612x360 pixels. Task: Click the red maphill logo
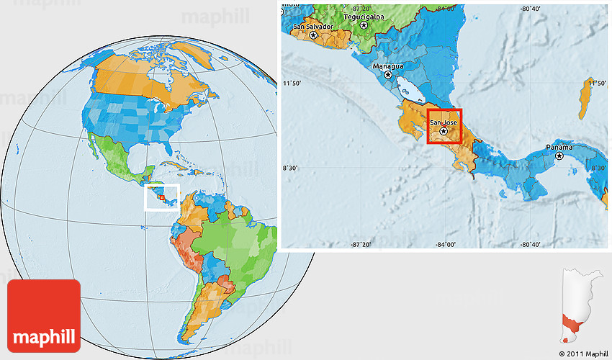click(x=44, y=315)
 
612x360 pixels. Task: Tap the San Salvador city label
click(x=313, y=27)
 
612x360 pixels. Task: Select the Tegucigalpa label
click(x=362, y=15)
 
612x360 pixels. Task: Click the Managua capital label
click(x=388, y=66)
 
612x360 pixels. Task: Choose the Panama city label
click(x=559, y=147)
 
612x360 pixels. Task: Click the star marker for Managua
click(x=389, y=75)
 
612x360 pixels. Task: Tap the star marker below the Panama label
click(x=559, y=156)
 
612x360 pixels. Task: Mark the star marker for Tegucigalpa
click(x=364, y=24)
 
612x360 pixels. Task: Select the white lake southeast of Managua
click(x=412, y=91)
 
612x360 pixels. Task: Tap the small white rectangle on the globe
click(x=161, y=197)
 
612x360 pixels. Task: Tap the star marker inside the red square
click(x=444, y=132)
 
